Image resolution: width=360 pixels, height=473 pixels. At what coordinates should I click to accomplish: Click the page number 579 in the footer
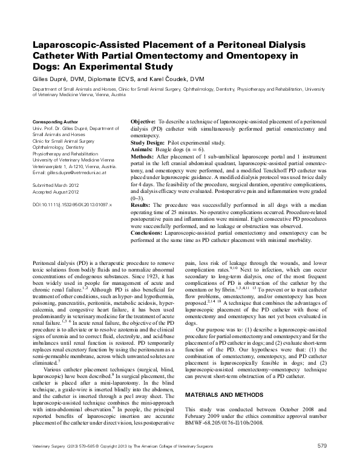[x=322, y=463]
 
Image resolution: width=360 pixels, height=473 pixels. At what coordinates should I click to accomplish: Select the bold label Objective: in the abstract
[x=143, y=122]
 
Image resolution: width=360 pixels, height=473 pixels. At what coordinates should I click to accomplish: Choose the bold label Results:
[x=142, y=206]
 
